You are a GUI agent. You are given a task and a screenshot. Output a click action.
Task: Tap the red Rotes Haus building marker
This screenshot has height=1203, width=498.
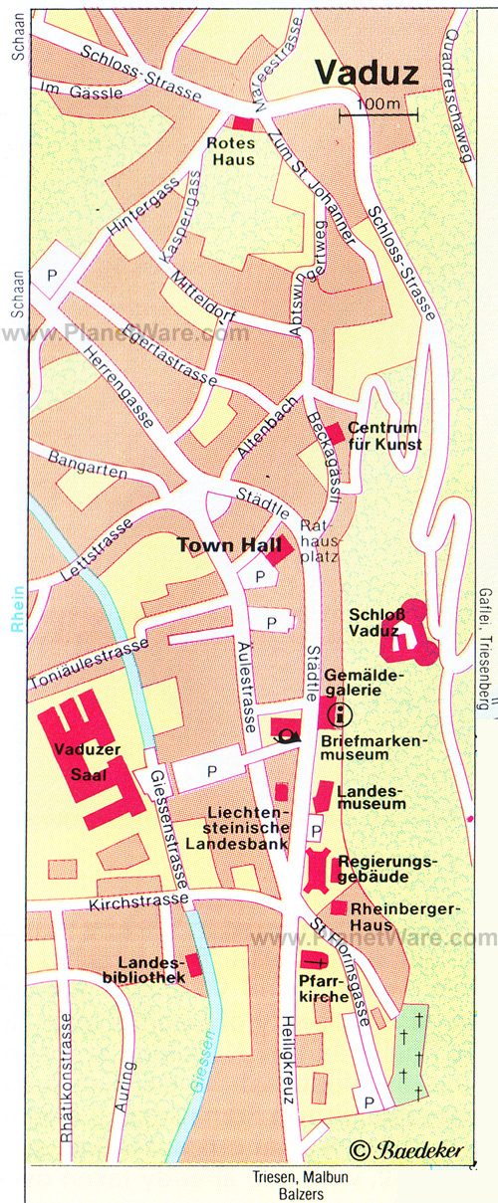243,122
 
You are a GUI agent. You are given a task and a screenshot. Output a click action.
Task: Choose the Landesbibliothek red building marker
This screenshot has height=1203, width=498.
195,963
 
